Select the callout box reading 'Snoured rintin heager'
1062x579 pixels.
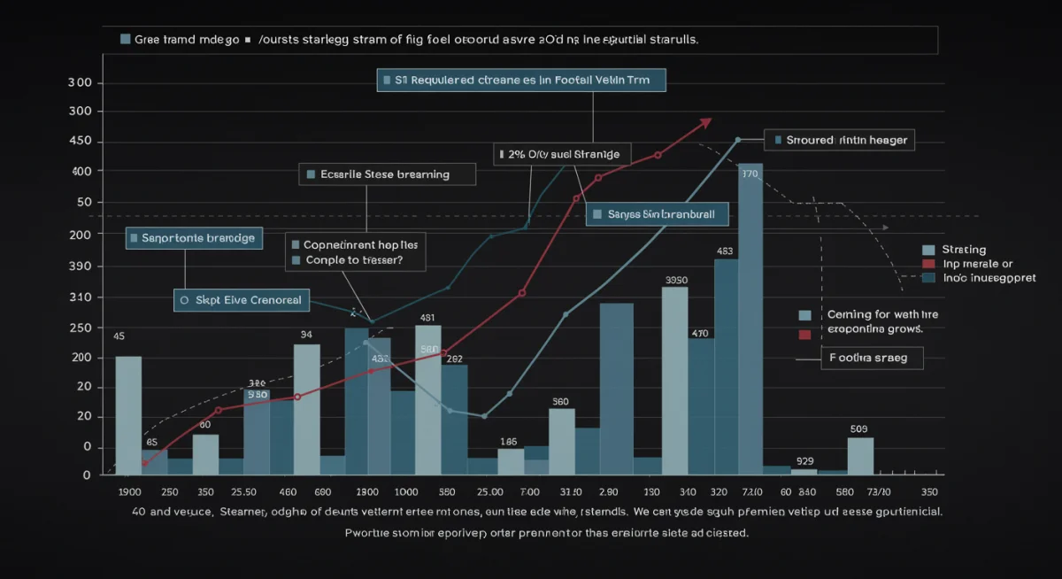click(x=837, y=140)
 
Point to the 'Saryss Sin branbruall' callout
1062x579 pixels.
click(x=656, y=214)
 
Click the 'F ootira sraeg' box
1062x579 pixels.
click(x=871, y=359)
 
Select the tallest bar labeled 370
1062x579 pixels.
click(x=750, y=319)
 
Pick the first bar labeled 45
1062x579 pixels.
click(x=128, y=414)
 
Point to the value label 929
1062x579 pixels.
click(x=804, y=461)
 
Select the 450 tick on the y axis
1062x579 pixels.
click(x=81, y=142)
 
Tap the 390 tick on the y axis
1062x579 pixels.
click(x=81, y=266)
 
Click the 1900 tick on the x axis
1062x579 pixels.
click(x=129, y=492)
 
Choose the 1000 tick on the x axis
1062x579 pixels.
click(x=406, y=492)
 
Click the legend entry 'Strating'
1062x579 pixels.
click(x=964, y=250)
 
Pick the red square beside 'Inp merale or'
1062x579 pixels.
click(x=928, y=264)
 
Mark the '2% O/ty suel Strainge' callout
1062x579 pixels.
click(x=562, y=154)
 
